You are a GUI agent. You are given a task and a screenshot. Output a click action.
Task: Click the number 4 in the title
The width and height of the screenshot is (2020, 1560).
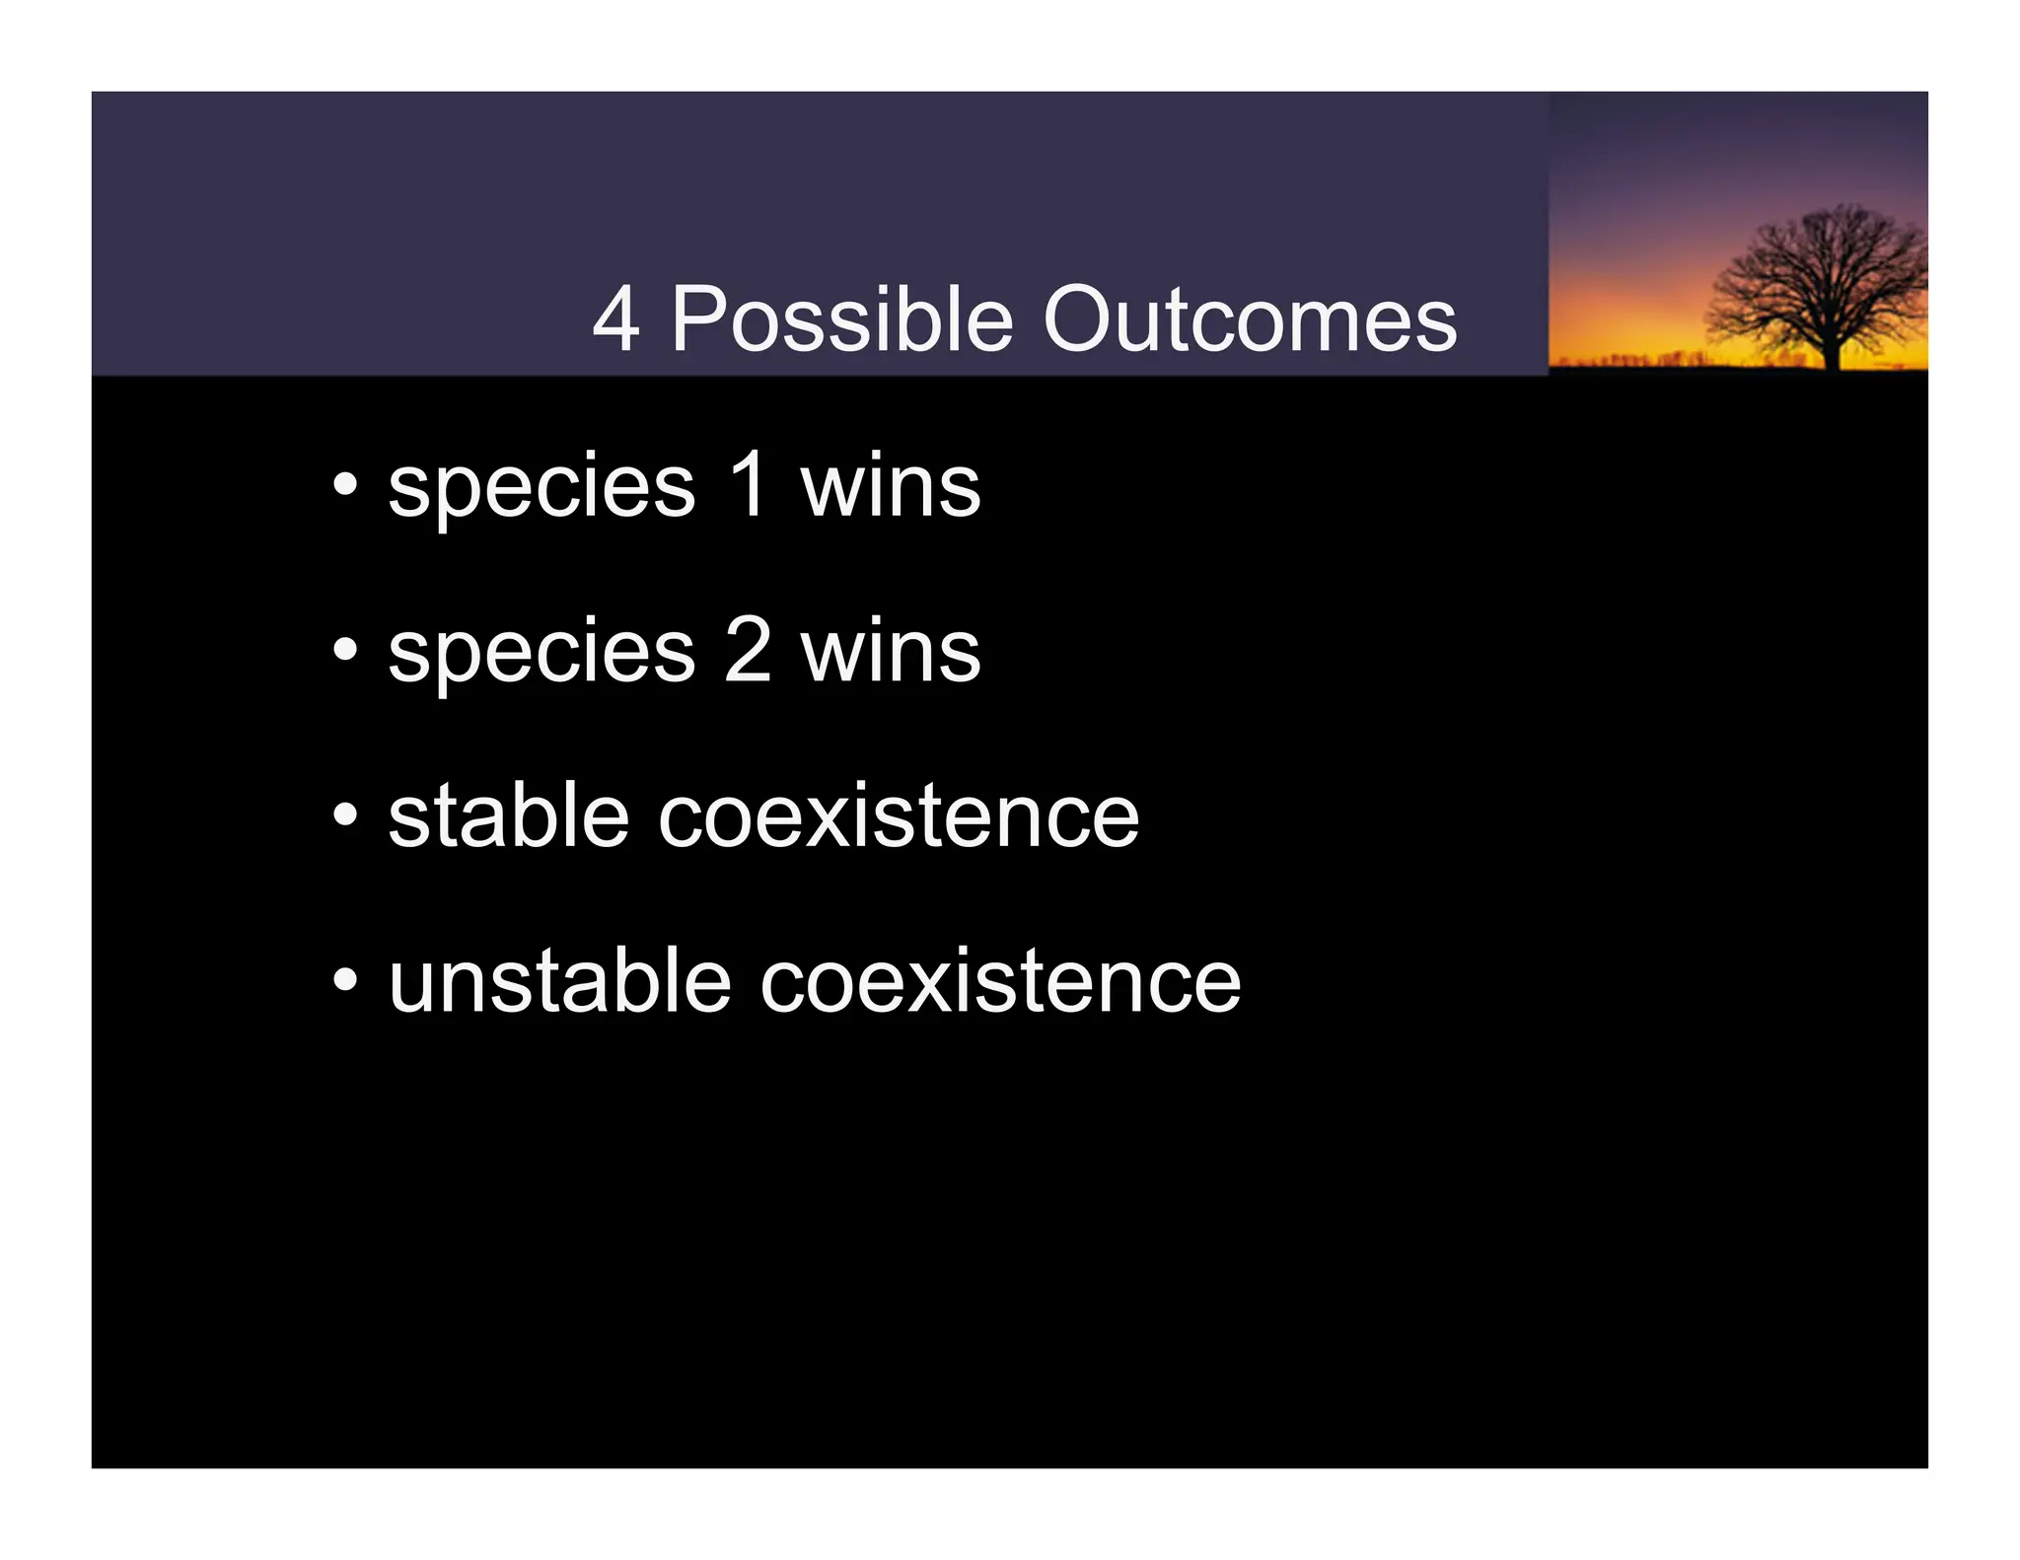615,319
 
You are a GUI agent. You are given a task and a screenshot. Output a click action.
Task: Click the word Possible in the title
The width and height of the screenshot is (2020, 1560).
842,319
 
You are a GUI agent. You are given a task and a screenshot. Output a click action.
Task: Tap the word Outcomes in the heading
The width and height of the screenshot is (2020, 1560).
1250,319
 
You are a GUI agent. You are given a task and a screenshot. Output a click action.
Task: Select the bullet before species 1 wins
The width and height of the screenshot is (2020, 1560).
344,485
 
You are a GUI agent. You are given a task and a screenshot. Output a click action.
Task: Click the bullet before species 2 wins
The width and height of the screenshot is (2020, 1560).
344,650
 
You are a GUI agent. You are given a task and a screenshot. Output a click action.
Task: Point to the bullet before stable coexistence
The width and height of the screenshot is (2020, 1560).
344,815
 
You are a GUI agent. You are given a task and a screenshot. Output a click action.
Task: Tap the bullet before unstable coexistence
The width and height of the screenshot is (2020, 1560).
344,980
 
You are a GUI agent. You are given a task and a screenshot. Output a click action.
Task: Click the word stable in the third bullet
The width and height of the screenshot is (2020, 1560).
508,815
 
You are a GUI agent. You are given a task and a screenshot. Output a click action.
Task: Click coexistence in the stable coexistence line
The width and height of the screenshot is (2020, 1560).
898,817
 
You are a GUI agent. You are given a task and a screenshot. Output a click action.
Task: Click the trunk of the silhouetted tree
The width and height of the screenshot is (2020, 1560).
1832,350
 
